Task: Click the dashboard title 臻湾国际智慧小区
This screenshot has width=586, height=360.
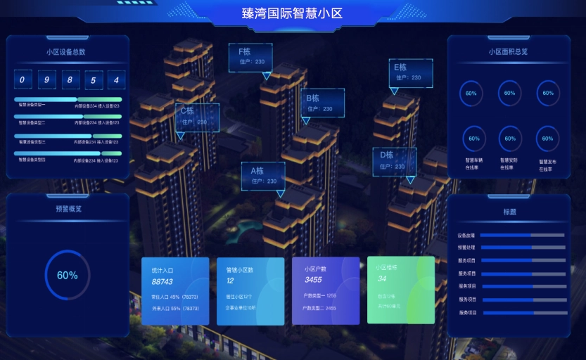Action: point(292,13)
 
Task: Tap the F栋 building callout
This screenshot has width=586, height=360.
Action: point(250,57)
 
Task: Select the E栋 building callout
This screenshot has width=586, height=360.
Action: point(410,72)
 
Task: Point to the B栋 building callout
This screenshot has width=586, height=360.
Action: point(322,103)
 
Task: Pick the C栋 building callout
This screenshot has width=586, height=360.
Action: point(197,116)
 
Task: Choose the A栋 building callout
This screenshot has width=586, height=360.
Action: point(262,175)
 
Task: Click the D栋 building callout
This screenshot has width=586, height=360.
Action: point(394,160)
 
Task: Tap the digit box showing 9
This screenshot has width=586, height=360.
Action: point(47,79)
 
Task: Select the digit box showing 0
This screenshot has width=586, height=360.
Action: point(23,79)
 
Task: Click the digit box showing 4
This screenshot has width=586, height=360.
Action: point(116,79)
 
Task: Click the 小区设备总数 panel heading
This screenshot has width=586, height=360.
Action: point(66,52)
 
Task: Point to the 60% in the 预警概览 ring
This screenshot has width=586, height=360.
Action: point(68,276)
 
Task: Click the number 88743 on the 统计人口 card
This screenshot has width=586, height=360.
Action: point(163,281)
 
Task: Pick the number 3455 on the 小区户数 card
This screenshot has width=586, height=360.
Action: point(314,280)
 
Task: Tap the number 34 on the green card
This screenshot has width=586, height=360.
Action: point(382,278)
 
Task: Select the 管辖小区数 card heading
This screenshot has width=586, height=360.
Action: point(240,269)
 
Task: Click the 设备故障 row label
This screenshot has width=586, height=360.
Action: point(466,236)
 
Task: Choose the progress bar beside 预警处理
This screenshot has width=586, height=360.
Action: point(522,247)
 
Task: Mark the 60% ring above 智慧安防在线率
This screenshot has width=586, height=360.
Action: point(510,139)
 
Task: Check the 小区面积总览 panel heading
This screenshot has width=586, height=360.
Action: point(508,51)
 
